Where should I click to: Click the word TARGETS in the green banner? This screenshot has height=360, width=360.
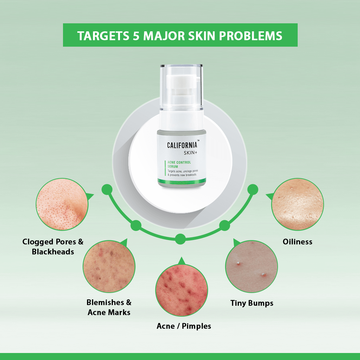[103, 36]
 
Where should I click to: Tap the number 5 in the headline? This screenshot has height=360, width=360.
[136, 36]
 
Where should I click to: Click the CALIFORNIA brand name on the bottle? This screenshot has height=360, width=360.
[182, 145]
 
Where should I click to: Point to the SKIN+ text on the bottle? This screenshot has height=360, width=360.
[190, 153]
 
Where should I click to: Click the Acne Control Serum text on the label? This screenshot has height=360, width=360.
[179, 164]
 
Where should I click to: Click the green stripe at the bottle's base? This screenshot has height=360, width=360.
[182, 180]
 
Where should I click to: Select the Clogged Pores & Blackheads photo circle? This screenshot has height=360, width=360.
[62, 204]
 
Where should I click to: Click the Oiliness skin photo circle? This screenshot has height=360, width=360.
[298, 204]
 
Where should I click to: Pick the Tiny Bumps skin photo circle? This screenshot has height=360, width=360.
[252, 267]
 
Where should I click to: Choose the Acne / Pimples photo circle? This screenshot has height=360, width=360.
[182, 290]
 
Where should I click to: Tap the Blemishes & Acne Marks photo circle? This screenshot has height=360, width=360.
[109, 267]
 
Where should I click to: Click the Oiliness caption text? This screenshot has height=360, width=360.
[297, 242]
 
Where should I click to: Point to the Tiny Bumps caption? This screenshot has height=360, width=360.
[252, 303]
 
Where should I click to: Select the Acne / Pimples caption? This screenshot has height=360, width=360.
[184, 326]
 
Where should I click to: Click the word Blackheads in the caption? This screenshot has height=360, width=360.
[53, 252]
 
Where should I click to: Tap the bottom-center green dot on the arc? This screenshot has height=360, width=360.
[180, 239]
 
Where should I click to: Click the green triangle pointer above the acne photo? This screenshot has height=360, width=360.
[182, 261]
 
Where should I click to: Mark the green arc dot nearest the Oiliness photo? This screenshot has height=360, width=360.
[253, 190]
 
